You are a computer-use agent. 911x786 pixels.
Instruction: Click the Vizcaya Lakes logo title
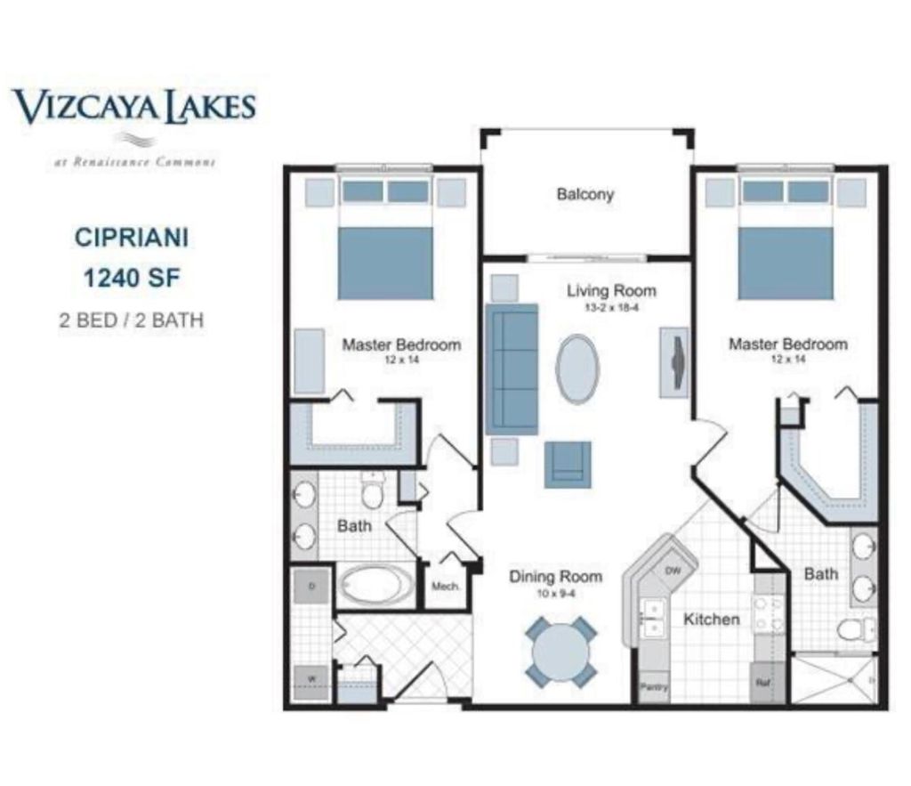point(133,106)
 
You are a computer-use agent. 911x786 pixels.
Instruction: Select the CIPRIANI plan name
point(131,239)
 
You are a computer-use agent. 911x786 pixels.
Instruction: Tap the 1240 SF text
point(132,279)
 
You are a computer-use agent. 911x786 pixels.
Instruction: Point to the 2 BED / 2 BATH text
point(131,320)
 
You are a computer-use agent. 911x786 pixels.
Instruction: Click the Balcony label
point(584,194)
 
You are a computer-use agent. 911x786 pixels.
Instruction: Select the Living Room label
point(611,290)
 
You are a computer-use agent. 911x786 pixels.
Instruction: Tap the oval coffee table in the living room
point(577,369)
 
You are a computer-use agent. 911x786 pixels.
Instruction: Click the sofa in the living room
point(512,369)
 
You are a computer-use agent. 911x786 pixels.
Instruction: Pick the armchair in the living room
point(568,464)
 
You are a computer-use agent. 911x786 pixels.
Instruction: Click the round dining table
point(560,652)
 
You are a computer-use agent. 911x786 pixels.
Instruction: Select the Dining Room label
point(555,577)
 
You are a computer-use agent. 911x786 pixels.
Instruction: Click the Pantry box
point(654,686)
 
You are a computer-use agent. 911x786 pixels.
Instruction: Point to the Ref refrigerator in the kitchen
point(763,684)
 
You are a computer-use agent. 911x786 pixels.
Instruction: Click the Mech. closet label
point(445,587)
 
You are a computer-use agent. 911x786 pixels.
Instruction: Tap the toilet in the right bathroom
point(855,628)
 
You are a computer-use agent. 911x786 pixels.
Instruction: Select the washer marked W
point(312,680)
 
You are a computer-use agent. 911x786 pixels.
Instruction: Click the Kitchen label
point(711,619)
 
